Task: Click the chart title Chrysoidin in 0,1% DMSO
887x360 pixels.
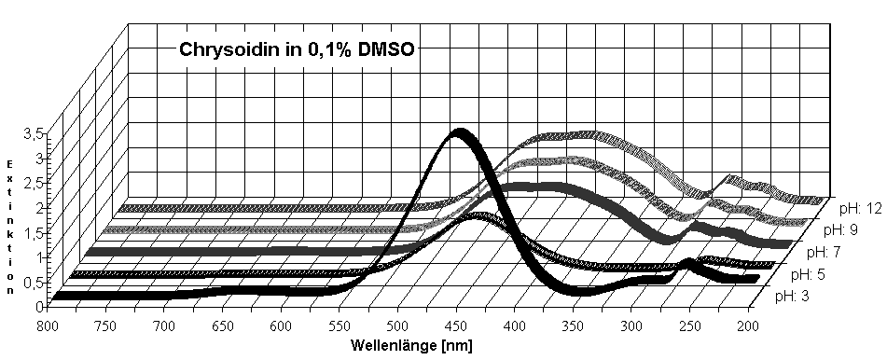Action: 296,50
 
